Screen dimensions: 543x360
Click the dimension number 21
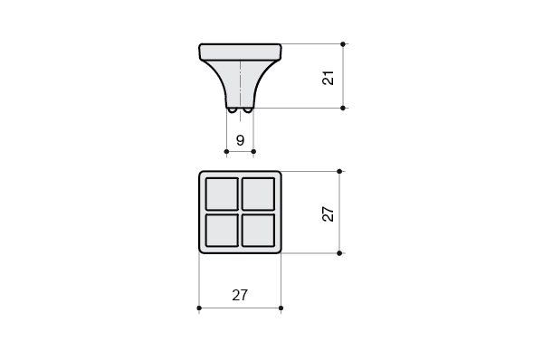tap(328, 78)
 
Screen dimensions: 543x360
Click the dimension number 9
tap(240, 140)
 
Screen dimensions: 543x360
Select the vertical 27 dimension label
tap(328, 214)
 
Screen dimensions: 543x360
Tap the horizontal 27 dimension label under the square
tap(240, 295)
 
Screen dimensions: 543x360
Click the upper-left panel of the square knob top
tap(222, 194)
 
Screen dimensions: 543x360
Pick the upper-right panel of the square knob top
tap(258, 194)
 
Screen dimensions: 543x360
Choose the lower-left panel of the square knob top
tap(222, 230)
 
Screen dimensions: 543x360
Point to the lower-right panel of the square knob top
tap(258, 230)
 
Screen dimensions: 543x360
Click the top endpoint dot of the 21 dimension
tap(343, 44)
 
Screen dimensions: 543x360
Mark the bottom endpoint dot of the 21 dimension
tap(343, 108)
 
